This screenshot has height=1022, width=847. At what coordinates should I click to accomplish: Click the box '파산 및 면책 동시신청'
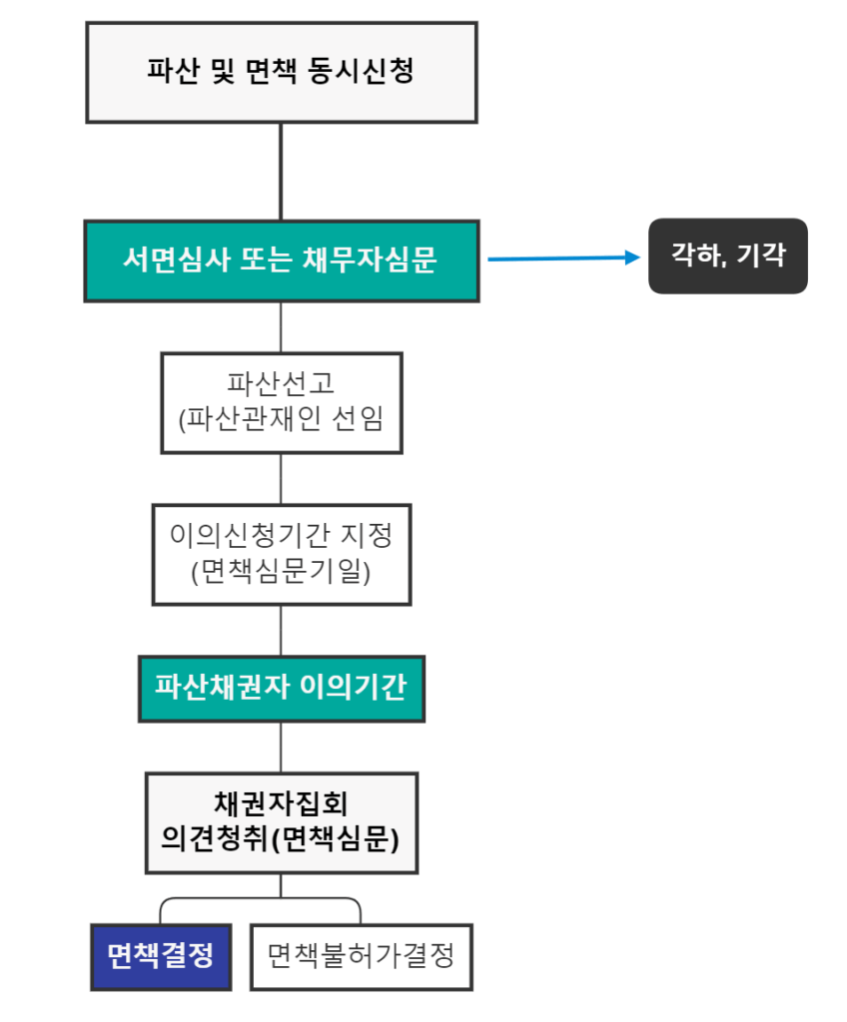point(281,72)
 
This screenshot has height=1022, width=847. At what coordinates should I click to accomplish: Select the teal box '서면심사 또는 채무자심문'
point(281,260)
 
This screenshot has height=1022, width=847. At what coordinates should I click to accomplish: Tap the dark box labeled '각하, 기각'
point(727,255)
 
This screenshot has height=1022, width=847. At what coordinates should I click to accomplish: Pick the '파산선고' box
point(281,402)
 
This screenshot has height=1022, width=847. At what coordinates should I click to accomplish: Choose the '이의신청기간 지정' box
point(281,554)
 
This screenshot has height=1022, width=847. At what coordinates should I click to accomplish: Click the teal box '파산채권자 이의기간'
point(281,689)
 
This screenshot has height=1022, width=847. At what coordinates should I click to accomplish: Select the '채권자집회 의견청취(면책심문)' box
point(281,821)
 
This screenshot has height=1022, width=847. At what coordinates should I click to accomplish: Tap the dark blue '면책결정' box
point(161,956)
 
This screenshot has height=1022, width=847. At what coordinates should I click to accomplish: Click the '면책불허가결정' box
point(361,956)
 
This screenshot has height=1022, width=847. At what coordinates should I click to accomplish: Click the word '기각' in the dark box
point(762,255)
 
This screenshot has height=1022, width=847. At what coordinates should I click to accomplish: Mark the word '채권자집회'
point(281,802)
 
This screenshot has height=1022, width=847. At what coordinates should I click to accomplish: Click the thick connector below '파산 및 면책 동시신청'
point(281,171)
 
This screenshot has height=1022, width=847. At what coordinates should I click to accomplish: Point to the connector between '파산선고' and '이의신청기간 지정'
point(281,478)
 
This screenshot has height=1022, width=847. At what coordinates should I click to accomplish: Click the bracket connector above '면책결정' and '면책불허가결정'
point(261,899)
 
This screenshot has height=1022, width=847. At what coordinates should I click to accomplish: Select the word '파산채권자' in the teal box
point(227,689)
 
